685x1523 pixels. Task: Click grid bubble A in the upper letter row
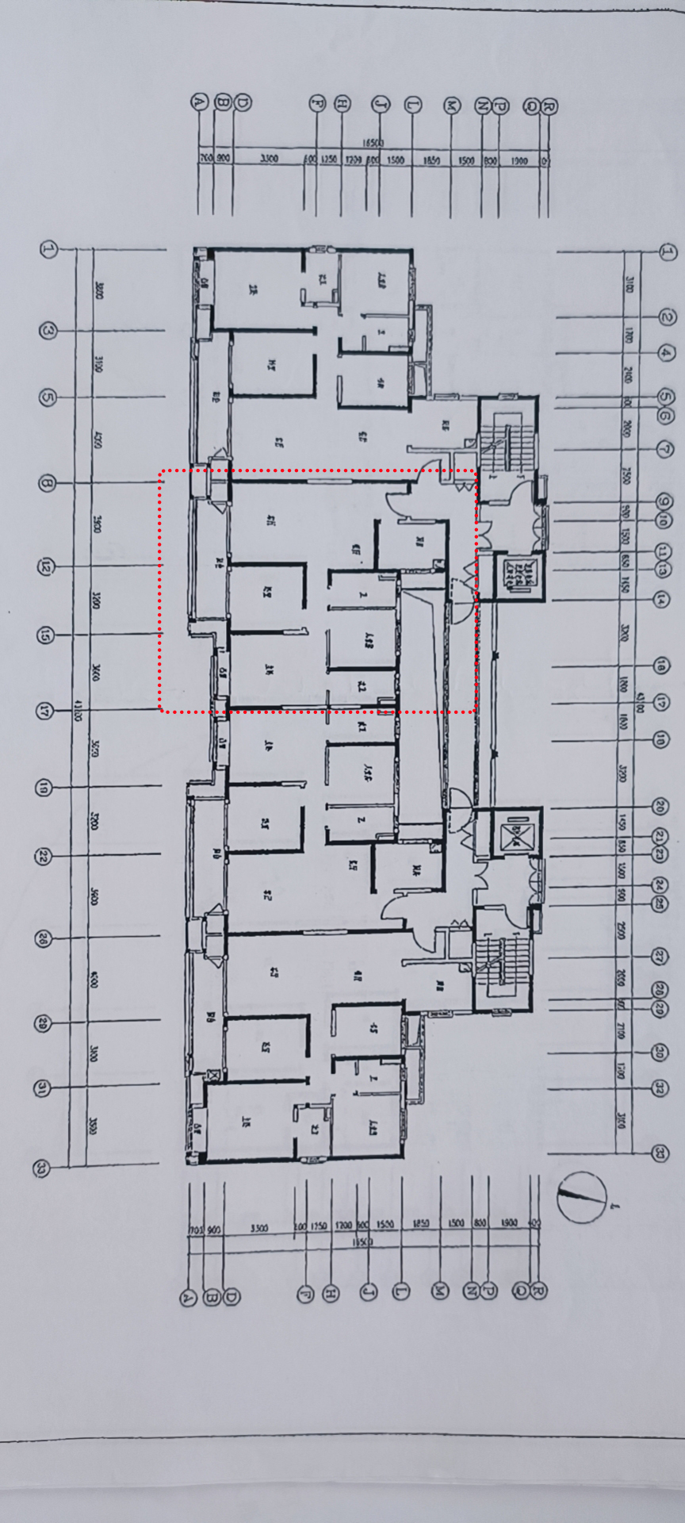pyautogui.click(x=199, y=102)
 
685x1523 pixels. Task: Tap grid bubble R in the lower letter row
pyautogui.click(x=538, y=1291)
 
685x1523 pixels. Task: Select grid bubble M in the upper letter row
pyautogui.click(x=452, y=105)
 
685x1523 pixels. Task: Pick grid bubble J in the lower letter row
pyautogui.click(x=368, y=1291)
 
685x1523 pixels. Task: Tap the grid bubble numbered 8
pyautogui.click(x=47, y=483)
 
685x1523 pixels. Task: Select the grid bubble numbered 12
pyautogui.click(x=46, y=567)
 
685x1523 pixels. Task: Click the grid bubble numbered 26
pyautogui.click(x=43, y=939)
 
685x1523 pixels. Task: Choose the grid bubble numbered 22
pyautogui.click(x=44, y=856)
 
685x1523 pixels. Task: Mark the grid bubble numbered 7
pyautogui.click(x=665, y=450)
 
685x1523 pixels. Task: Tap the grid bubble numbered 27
pyautogui.click(x=660, y=956)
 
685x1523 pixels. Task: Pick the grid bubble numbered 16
pyautogui.click(x=662, y=665)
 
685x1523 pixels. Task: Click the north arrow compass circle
pyautogui.click(x=581, y=1197)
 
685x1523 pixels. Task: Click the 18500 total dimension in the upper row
pyautogui.click(x=373, y=143)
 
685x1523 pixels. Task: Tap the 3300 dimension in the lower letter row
pyautogui.click(x=258, y=1229)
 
